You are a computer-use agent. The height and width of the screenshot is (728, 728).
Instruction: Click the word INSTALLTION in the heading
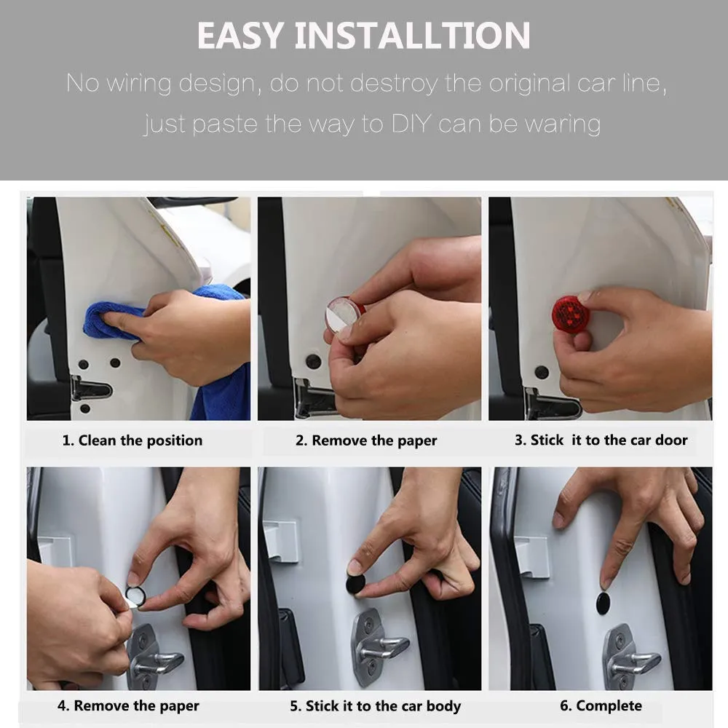412,35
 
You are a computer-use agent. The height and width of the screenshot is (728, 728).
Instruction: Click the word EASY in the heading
240,35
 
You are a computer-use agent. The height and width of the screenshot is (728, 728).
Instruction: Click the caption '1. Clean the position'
132,440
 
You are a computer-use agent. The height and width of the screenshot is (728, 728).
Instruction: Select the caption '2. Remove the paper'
366,440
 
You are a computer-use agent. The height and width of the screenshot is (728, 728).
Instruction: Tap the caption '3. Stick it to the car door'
601,440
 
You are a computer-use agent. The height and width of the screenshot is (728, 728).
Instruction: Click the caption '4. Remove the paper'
128,705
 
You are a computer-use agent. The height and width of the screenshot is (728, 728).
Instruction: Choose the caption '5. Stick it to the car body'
376,705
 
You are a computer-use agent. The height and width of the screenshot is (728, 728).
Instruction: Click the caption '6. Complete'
601,705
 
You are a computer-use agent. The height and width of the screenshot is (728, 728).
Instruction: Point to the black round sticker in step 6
603,603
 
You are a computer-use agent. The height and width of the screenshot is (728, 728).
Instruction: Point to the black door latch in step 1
91,389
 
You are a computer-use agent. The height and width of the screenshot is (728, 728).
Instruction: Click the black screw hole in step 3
542,372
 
